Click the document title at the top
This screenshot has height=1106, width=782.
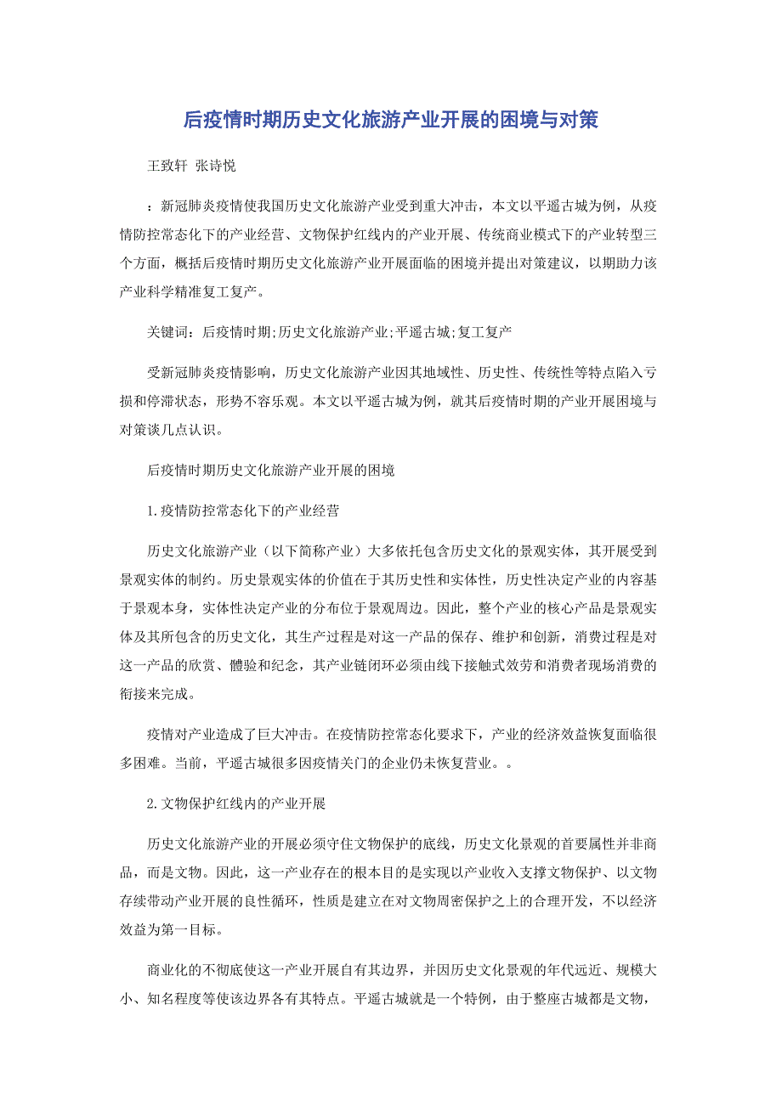point(390,121)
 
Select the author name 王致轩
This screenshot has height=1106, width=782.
point(167,166)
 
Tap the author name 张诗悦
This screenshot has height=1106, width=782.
point(215,166)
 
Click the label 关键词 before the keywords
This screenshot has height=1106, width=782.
point(167,331)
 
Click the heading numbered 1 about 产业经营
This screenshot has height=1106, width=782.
point(243,511)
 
